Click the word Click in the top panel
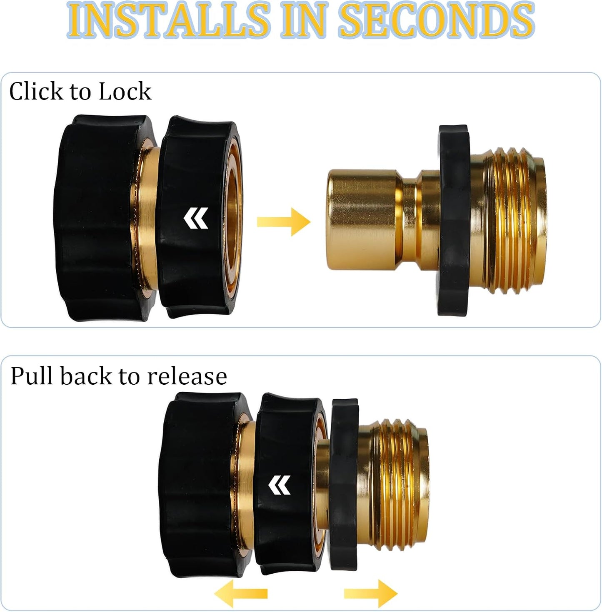(36, 91)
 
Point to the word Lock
(125, 91)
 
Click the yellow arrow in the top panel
(284, 221)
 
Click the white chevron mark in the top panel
(196, 218)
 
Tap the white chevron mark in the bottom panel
(280, 485)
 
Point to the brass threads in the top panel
(512, 220)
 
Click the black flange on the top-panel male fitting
(454, 220)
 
